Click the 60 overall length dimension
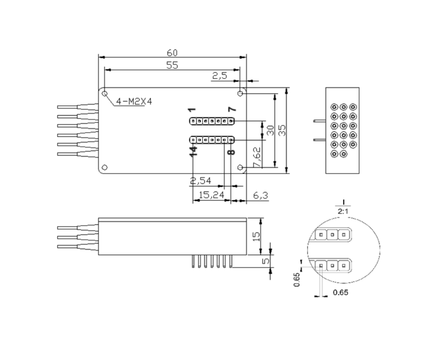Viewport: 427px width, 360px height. click(172, 52)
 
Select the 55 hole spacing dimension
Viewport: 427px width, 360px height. click(172, 65)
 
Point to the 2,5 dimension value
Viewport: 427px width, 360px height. click(219, 76)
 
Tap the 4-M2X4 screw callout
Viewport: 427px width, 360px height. click(134, 102)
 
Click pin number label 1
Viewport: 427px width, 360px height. click(191, 110)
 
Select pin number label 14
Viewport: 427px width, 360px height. click(193, 151)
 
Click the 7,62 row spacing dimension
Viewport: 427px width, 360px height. click(258, 157)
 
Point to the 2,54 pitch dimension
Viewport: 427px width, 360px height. click(201, 181)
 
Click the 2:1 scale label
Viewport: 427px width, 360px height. click(343, 211)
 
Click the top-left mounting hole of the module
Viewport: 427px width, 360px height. click(105, 93)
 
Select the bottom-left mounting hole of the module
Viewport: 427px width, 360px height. click(105, 167)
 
